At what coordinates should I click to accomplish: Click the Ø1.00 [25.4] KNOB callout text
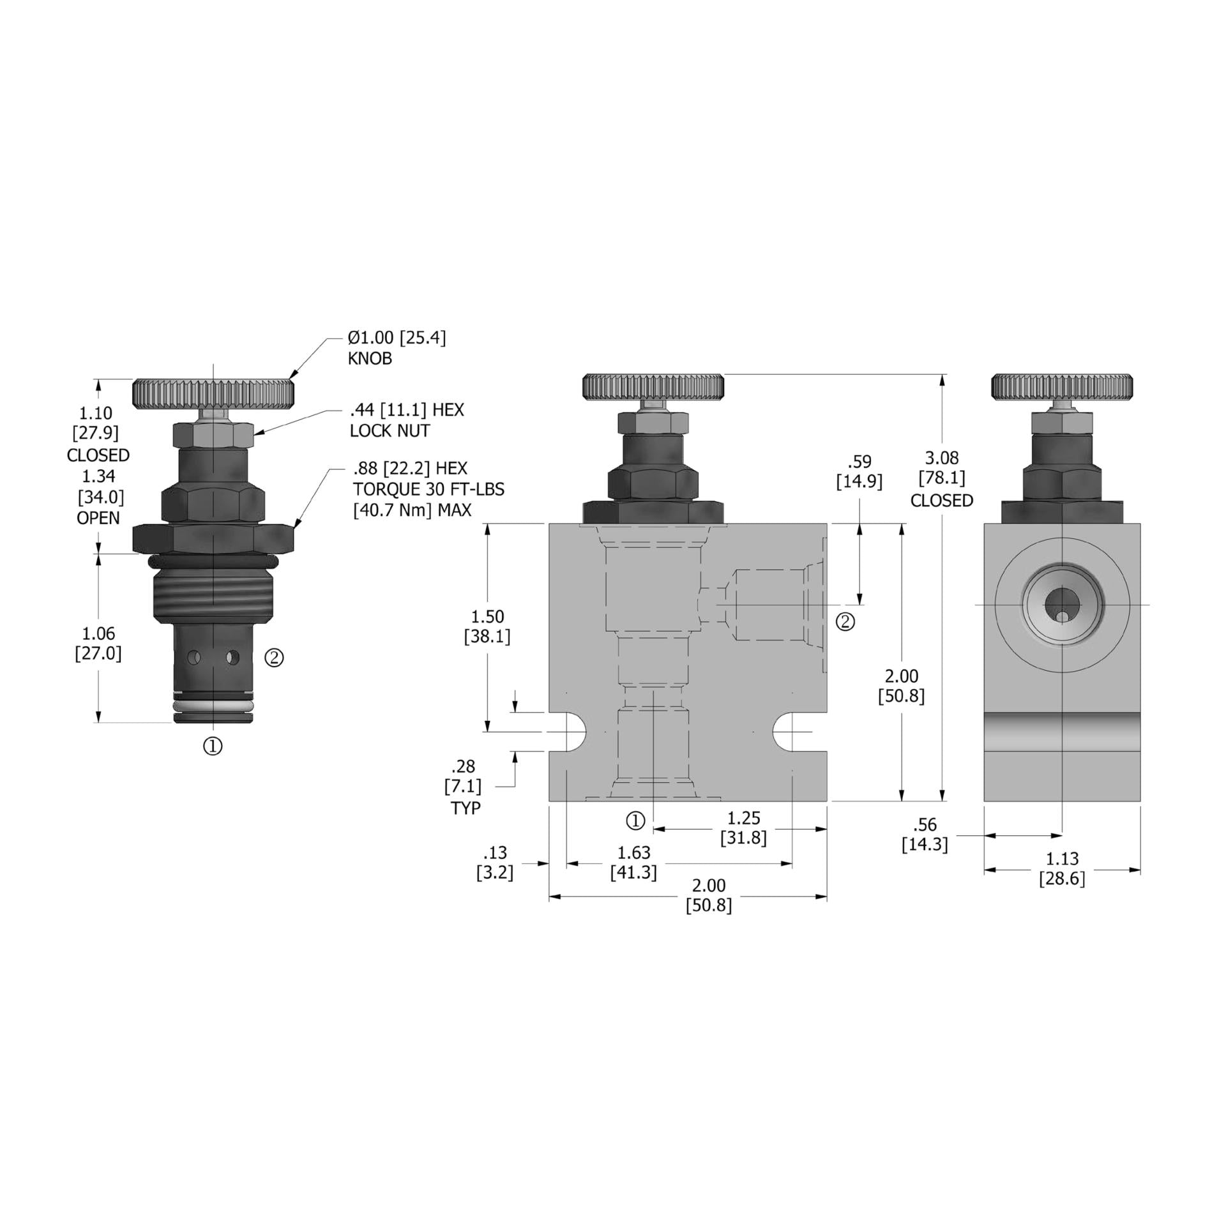pos(397,347)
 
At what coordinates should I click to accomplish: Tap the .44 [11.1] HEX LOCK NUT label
pos(407,420)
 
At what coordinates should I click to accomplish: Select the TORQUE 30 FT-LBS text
pos(428,489)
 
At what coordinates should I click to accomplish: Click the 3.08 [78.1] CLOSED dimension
pos(942,479)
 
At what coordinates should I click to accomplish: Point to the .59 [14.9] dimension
pos(859,472)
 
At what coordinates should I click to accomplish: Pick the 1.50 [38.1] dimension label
pos(487,626)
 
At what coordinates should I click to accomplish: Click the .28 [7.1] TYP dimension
pos(464,787)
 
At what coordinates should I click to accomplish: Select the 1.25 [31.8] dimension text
pos(743,828)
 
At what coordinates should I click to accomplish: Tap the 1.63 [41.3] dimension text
pos(633,862)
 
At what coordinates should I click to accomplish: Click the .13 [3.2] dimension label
pos(495,863)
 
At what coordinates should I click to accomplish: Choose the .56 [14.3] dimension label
pos(925,835)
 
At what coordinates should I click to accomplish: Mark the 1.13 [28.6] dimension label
pos(1062,868)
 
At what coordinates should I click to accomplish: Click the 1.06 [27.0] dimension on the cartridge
pos(98,643)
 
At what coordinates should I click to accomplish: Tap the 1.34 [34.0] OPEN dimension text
pos(99,496)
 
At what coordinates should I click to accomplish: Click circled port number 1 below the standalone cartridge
pos(213,745)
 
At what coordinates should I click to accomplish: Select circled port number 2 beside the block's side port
pos(845,621)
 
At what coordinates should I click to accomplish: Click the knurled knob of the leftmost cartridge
pos(213,394)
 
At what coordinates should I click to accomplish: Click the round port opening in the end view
pos(1061,604)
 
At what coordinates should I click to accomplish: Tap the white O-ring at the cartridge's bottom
pos(213,706)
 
